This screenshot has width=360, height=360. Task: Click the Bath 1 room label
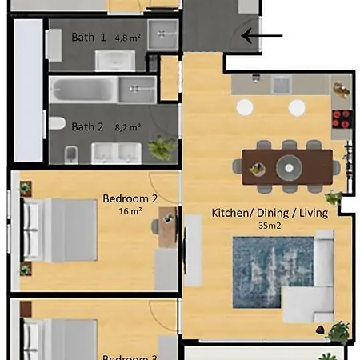pyautogui.click(x=88, y=37)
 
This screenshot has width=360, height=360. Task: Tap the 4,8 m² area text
pyautogui.click(x=127, y=38)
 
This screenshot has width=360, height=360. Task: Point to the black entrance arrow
pyautogui.click(x=262, y=35)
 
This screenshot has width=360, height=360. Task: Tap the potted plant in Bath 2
pyautogui.click(x=162, y=147)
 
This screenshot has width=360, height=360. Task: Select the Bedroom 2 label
pyautogui.click(x=130, y=199)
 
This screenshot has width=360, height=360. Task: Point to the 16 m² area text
pyautogui.click(x=130, y=212)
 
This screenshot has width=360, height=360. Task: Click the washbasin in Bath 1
pyautogui.click(x=116, y=61)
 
